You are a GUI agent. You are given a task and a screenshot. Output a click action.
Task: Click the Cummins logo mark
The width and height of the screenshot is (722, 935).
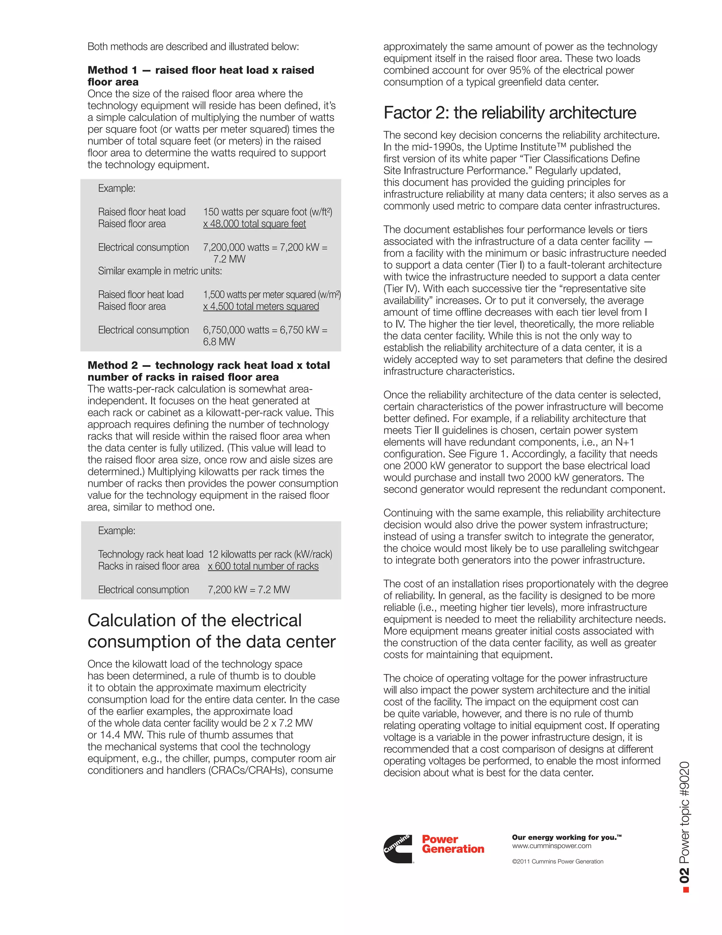[397, 848]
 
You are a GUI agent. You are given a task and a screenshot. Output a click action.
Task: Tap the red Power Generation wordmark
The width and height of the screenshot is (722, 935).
[453, 844]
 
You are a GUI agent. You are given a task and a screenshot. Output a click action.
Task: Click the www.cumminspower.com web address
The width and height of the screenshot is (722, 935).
[551, 846]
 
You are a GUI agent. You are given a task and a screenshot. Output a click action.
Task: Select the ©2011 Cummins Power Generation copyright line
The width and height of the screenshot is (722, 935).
[557, 861]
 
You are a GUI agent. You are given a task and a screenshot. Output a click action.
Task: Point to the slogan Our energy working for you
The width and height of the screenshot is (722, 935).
[566, 837]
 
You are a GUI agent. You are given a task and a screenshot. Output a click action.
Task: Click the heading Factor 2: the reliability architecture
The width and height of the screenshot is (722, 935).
[509, 113]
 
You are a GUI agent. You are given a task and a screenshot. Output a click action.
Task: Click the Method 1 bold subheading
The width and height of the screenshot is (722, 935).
[201, 76]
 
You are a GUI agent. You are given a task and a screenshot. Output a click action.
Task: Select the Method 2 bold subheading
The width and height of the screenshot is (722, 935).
[209, 371]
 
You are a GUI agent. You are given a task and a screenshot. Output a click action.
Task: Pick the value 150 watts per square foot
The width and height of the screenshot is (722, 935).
[267, 212]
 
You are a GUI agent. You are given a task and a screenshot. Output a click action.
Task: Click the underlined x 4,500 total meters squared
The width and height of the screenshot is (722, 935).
[261, 306]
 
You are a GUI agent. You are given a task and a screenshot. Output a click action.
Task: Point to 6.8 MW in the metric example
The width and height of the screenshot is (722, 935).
[219, 342]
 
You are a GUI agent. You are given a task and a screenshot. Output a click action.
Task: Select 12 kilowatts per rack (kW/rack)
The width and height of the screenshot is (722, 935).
[270, 554]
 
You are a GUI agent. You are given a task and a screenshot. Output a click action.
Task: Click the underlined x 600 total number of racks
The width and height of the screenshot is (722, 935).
[263, 566]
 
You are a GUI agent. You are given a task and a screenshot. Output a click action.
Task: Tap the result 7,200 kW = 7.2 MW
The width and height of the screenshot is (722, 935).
[249, 590]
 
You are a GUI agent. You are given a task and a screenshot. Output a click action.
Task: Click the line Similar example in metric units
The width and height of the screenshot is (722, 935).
[160, 271]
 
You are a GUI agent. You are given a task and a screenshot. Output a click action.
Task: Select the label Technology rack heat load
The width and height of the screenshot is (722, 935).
[151, 554]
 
